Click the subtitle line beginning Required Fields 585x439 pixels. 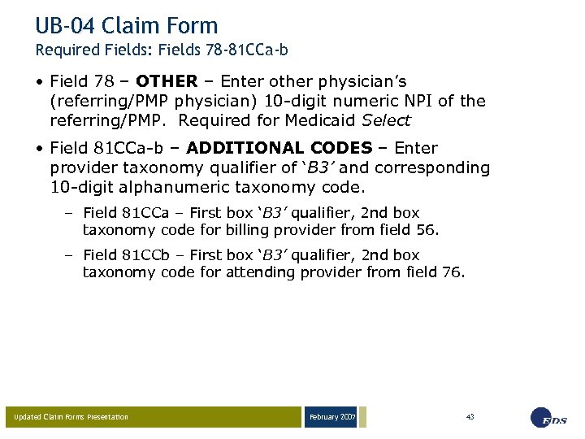[162, 50]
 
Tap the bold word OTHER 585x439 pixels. [167, 81]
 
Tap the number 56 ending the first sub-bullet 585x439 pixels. [427, 230]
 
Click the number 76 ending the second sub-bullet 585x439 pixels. [453, 272]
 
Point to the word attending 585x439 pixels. [236, 272]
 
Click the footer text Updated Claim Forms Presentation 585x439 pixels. [71, 418]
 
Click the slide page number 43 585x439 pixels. [470, 416]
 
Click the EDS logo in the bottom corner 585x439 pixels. [549, 418]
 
